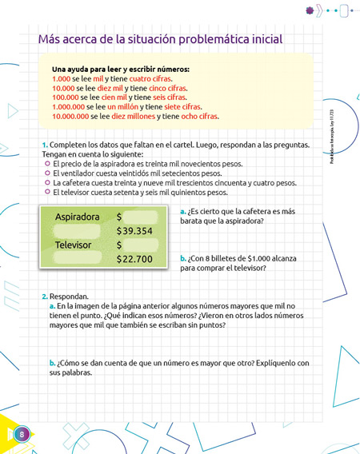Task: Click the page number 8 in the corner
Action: [x=22, y=434]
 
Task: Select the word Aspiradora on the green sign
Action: [x=78, y=217]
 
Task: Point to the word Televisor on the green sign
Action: [x=75, y=245]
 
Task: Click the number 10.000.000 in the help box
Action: [x=70, y=116]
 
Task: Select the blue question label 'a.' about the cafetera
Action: [x=184, y=212]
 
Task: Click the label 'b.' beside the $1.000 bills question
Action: [x=184, y=258]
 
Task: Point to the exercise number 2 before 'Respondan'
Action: [x=45, y=296]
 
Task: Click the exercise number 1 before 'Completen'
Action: [x=45, y=145]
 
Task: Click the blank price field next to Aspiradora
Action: [x=144, y=217]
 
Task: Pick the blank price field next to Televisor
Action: [x=144, y=245]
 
